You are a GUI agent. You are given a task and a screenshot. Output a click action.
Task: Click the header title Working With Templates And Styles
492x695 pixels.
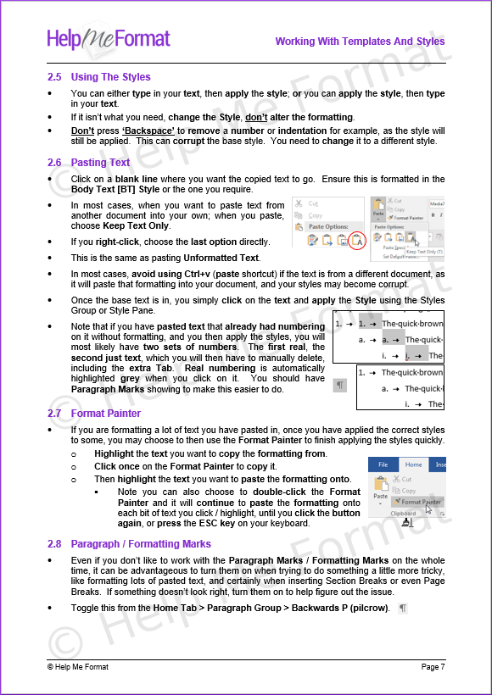click(x=360, y=42)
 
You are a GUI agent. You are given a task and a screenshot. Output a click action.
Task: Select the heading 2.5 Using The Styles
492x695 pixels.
click(x=99, y=77)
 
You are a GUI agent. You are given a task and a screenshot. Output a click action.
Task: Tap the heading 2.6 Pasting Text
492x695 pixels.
click(x=89, y=162)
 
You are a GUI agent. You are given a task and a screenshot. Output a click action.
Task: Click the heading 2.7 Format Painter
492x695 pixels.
click(x=94, y=414)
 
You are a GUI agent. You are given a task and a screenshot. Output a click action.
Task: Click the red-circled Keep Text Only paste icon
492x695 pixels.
click(x=358, y=242)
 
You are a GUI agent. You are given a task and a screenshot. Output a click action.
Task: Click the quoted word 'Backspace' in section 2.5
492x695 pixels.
click(x=148, y=131)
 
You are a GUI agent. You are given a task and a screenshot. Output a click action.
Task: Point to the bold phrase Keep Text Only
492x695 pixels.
click(x=137, y=226)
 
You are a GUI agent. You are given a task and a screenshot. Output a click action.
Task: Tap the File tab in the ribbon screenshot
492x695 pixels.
click(x=383, y=464)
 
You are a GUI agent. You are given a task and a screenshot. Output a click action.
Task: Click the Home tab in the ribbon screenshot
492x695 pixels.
click(x=413, y=464)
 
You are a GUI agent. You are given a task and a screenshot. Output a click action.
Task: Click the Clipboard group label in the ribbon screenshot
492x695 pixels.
click(x=403, y=514)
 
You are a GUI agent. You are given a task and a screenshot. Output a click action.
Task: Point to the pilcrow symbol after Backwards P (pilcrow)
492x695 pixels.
click(x=402, y=609)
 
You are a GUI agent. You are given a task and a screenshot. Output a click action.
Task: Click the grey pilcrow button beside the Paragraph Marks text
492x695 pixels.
click(x=340, y=385)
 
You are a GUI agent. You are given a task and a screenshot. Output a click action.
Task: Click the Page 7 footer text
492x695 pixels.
click(x=433, y=667)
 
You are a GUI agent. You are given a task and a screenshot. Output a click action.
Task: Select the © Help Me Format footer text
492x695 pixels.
click(x=78, y=667)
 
